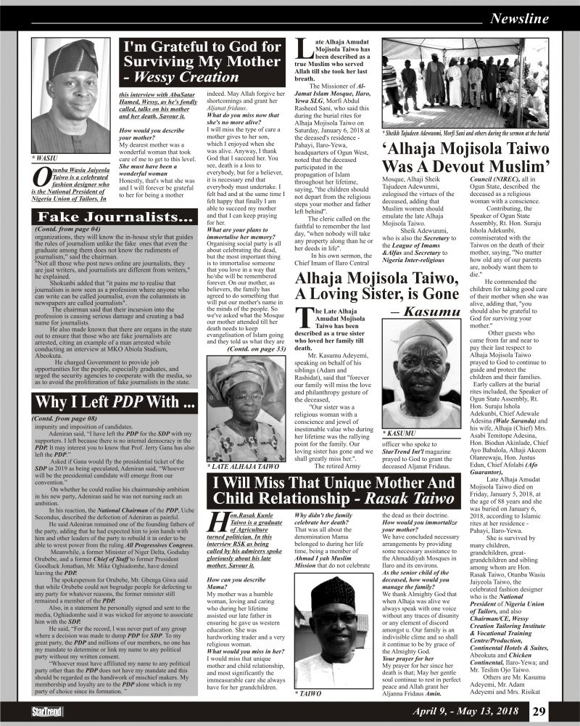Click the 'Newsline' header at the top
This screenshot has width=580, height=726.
click(x=520, y=19)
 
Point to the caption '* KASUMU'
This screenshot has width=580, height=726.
click(x=401, y=433)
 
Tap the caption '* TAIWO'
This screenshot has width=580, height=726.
click(x=307, y=694)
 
